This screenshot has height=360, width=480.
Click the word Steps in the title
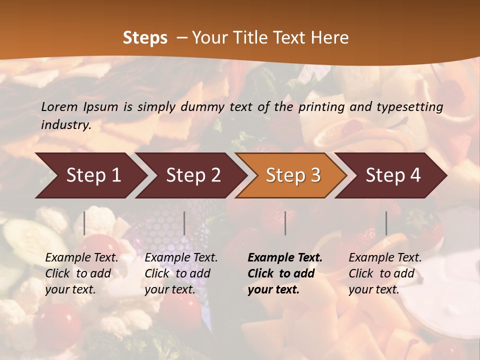[145, 38]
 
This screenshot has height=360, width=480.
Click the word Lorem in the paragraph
[58, 107]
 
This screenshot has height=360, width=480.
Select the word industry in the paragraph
[66, 125]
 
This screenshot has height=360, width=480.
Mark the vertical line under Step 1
[84, 223]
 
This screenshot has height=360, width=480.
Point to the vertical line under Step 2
[184, 223]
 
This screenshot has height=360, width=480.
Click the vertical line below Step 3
[285, 223]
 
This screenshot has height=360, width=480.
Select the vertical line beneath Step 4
[386, 223]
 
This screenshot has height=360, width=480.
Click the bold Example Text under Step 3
[285, 258]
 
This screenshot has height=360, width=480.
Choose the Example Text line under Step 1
[81, 258]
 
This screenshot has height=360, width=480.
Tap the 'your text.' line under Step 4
[373, 289]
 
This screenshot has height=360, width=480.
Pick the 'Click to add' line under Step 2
[177, 274]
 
